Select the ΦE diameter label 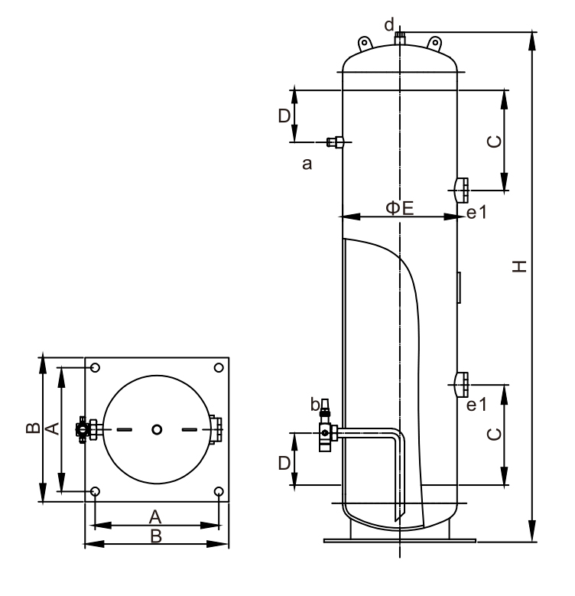point(398,208)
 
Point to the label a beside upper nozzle point(306,163)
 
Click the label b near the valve point(315,403)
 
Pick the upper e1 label point(476,214)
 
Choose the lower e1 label point(476,404)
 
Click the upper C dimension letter point(495,142)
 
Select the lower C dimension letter point(495,434)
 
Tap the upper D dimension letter point(284,116)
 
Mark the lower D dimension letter point(284,463)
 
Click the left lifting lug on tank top point(365,44)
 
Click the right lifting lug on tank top point(434,44)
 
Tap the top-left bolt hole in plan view point(95,368)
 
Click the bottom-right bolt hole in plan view point(219,491)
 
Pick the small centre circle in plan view point(157,430)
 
